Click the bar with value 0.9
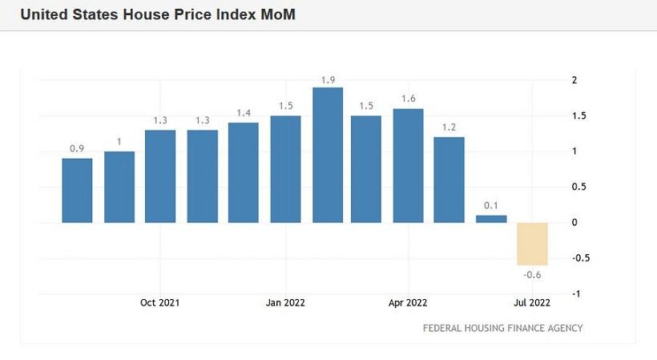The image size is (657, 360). pyautogui.click(x=78, y=190)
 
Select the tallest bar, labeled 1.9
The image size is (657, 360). pyautogui.click(x=328, y=155)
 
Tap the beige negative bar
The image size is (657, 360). pyautogui.click(x=532, y=244)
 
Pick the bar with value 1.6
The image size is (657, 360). pyautogui.click(x=408, y=165)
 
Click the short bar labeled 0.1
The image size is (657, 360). pyautogui.click(x=491, y=219)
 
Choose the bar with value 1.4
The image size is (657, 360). pyautogui.click(x=244, y=172)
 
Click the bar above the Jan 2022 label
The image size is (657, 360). pyautogui.click(x=286, y=169)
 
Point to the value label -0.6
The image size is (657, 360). pyautogui.click(x=532, y=275)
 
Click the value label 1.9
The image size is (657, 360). pyautogui.click(x=328, y=79)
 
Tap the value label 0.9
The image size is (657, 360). pyautogui.click(x=77, y=149)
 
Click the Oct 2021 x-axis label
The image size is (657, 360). pyautogui.click(x=159, y=303)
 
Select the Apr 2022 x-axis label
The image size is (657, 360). pyautogui.click(x=408, y=303)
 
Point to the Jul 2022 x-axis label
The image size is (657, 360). pyautogui.click(x=532, y=303)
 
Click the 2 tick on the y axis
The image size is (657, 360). pyautogui.click(x=574, y=80)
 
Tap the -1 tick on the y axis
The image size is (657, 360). pyautogui.click(x=575, y=294)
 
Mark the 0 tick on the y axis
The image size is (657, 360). pyautogui.click(x=574, y=223)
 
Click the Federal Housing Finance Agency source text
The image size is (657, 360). pyautogui.click(x=502, y=328)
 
